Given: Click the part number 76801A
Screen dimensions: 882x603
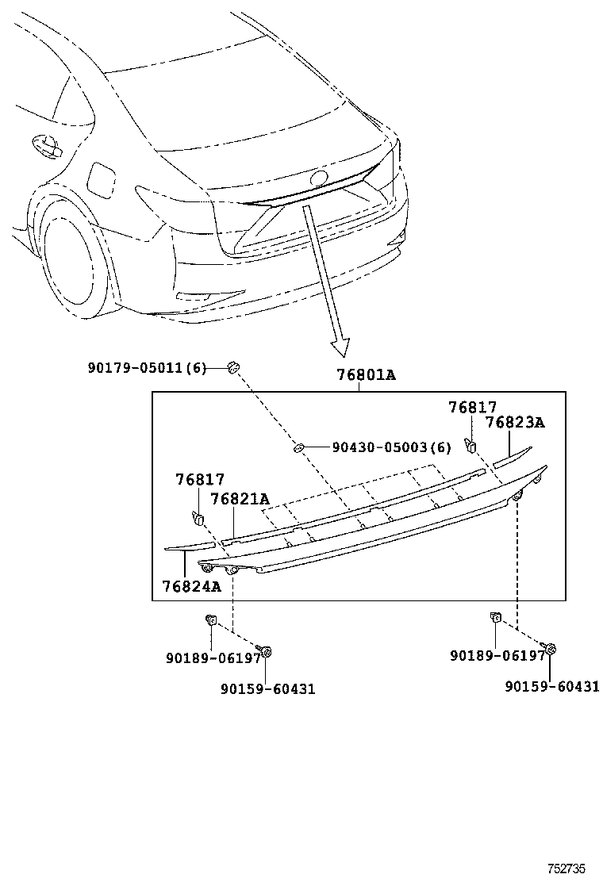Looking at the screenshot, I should point(364,374).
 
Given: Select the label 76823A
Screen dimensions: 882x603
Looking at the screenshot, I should point(515,423).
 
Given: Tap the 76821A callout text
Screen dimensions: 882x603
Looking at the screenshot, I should point(240,499).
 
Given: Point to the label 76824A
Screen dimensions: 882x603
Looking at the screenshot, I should point(191,586).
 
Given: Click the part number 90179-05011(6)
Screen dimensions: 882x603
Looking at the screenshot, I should point(147,367).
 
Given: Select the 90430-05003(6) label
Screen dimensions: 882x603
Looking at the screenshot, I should point(391,448).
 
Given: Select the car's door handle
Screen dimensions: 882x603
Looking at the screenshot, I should point(45,145).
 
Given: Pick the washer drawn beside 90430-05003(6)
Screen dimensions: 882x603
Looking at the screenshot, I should point(300,449).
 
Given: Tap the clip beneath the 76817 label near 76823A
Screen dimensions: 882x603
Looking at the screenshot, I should point(470,445).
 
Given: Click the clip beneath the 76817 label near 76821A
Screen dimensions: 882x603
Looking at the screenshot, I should point(198,518).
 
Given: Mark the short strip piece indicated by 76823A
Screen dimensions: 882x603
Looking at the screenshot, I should point(511,454).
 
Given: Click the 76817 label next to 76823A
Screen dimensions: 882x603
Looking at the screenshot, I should point(473,408).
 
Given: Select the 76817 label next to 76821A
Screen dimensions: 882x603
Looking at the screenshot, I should point(200,480).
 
